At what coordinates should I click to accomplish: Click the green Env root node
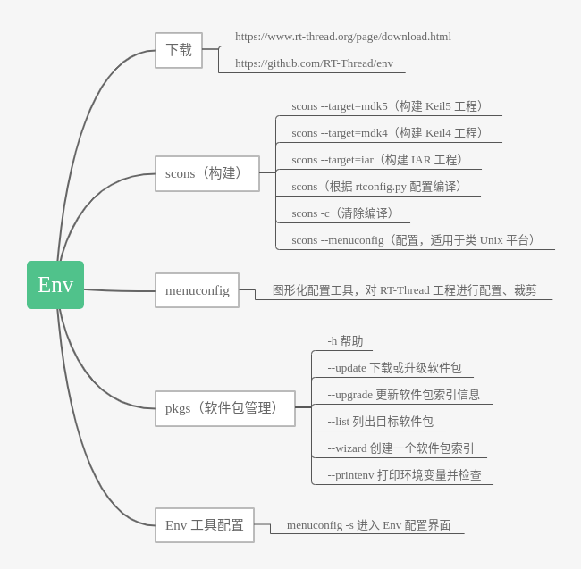(55, 285)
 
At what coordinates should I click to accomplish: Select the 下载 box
(179, 50)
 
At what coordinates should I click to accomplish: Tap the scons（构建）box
(206, 173)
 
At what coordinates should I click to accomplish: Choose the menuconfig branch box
(197, 290)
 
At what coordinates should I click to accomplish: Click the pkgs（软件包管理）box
(224, 408)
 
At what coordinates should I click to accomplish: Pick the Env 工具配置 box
(204, 525)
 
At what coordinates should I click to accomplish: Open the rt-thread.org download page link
(343, 37)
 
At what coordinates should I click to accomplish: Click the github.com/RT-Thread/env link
(314, 63)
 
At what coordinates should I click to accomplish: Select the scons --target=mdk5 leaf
(389, 106)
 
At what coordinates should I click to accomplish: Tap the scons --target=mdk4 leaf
(389, 133)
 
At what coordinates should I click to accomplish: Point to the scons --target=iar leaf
(379, 160)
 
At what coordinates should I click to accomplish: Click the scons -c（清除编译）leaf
(344, 213)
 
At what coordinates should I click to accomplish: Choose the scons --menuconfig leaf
(415, 240)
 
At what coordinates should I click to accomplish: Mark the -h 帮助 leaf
(345, 341)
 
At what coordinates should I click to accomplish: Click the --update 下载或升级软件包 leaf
(394, 368)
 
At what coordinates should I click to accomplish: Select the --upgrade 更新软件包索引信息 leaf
(403, 395)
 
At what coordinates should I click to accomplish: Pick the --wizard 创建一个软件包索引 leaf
(400, 448)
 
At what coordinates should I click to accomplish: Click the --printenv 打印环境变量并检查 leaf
(404, 475)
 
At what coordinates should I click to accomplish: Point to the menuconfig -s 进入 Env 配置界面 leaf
(368, 525)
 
